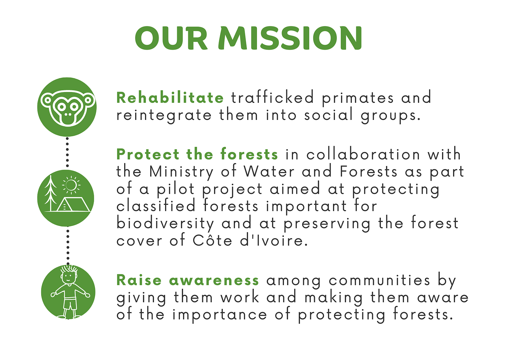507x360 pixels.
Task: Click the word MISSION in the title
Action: [290, 38]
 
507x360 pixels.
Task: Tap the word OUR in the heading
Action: [171, 38]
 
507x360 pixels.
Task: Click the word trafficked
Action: [272, 97]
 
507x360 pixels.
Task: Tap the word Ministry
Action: [181, 172]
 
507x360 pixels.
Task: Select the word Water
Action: [269, 171]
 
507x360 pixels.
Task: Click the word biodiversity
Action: [165, 223]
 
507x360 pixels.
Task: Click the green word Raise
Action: [139, 280]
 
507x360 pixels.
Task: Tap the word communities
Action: [379, 280]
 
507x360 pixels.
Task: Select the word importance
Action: [220, 316]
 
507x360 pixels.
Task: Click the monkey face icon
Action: [67, 107]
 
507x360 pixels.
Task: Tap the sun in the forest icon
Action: [71, 185]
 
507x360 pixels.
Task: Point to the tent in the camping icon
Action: [73, 204]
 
